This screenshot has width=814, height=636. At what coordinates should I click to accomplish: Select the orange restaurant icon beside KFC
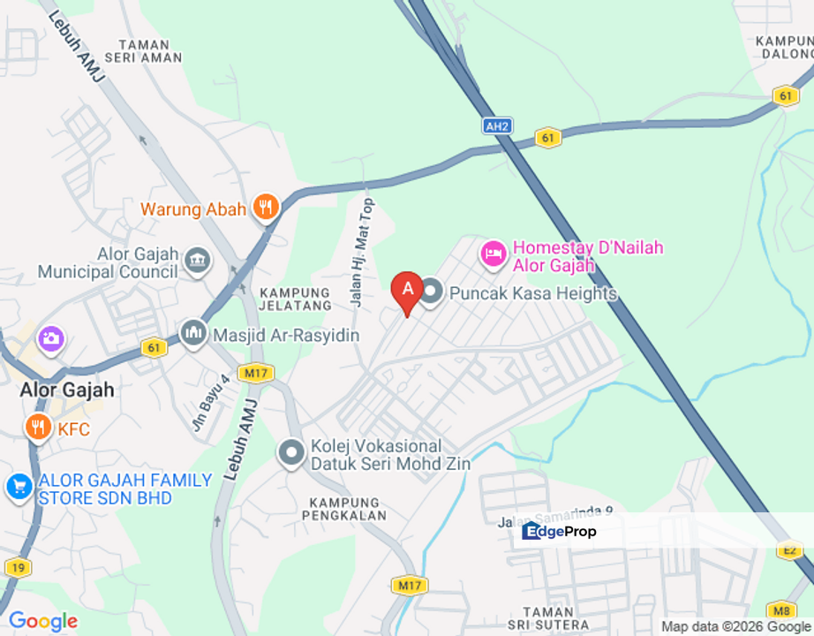click(x=37, y=428)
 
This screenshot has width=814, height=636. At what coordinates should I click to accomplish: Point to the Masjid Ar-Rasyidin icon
click(x=193, y=334)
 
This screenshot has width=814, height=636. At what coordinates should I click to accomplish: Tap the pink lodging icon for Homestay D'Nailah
click(x=493, y=254)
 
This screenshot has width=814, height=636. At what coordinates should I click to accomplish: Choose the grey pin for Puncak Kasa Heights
click(x=431, y=291)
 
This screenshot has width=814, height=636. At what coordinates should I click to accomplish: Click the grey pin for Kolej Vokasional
click(x=290, y=453)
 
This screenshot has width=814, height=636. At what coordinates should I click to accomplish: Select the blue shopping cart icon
click(x=19, y=487)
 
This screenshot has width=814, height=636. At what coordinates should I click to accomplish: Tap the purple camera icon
click(x=51, y=337)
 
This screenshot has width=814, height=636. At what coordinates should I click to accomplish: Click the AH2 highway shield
click(x=497, y=126)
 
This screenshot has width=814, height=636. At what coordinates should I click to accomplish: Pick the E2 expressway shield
click(x=788, y=550)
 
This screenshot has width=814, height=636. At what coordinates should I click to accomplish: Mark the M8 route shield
click(x=780, y=609)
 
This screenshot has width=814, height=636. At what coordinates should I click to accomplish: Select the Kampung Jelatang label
click(x=295, y=299)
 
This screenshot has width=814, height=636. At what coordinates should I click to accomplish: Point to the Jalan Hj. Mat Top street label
click(x=362, y=252)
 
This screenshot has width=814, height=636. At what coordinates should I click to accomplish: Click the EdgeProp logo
click(x=559, y=531)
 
